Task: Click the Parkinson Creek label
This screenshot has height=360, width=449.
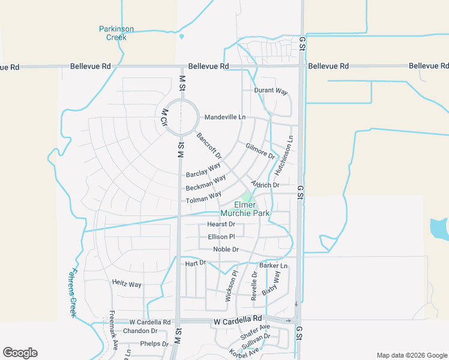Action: click(116, 33)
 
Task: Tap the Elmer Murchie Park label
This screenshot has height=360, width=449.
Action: click(245, 209)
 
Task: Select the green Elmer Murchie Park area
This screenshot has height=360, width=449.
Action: click(247, 196)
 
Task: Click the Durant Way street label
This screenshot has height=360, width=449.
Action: click(271, 91)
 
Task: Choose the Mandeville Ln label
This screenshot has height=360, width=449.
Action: click(225, 117)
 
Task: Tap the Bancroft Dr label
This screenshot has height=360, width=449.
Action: click(209, 146)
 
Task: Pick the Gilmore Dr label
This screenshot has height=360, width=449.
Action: click(260, 151)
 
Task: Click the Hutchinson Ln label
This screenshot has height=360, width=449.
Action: click(284, 155)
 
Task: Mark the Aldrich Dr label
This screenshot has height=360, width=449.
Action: click(265, 185)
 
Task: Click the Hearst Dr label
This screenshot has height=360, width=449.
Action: click(221, 224)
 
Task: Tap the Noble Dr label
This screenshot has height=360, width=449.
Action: click(226, 250)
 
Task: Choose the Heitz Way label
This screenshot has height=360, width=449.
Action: click(127, 284)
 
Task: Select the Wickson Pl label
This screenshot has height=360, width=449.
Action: click(232, 286)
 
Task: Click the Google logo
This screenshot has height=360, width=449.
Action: click(20, 353)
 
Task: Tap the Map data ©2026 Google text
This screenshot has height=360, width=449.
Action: click(411, 355)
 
